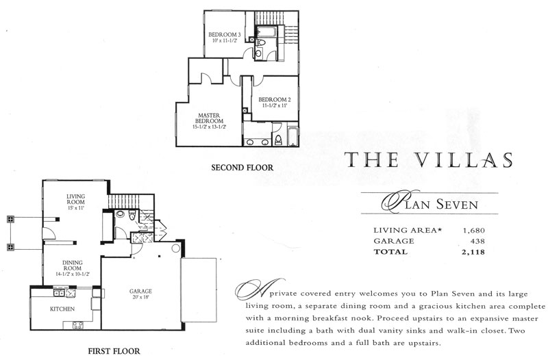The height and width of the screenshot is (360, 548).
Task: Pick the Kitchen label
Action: click(62, 309)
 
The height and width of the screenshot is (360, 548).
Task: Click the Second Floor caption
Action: click(242, 168)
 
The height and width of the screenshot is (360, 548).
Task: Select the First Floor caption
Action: click(114, 351)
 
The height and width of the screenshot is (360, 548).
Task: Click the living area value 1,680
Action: click(474, 231)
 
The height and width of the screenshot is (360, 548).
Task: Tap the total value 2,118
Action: click(473, 252)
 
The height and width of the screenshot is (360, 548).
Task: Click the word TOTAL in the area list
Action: click(390, 252)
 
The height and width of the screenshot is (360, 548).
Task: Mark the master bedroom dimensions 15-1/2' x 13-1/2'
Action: click(209, 127)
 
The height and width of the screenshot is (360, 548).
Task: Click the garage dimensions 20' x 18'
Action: click(140, 297)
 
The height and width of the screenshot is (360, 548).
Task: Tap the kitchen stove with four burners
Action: click(78, 325)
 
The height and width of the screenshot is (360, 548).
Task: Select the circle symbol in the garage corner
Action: click(176, 248)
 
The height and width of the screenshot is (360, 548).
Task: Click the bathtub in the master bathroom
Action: click(292, 136)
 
